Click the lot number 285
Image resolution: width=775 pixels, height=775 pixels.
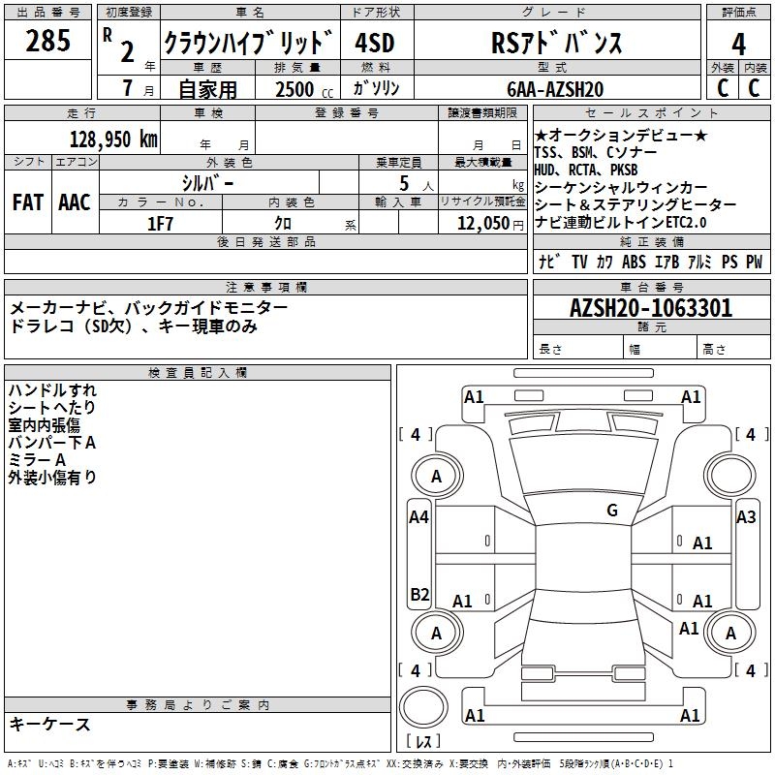coord(47,42)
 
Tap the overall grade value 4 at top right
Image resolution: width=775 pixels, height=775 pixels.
coord(739,45)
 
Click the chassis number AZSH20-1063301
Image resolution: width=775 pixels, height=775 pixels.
coord(651,309)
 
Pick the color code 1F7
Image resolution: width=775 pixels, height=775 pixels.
coord(160,223)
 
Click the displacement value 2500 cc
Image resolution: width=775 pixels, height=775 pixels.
coord(299,89)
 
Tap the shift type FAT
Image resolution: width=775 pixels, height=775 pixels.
coord(27,202)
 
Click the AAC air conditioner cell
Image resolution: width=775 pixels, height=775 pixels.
coord(75,202)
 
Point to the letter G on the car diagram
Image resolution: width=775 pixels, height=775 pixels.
coord(612,511)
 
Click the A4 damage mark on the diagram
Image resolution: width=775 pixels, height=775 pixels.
coord(418,517)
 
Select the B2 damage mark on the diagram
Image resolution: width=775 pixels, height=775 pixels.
coord(418,594)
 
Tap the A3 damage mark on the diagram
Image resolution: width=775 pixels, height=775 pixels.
coord(746,517)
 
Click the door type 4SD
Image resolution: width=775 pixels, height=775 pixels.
coord(374,44)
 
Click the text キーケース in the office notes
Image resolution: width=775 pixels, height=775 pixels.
coord(50,725)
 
